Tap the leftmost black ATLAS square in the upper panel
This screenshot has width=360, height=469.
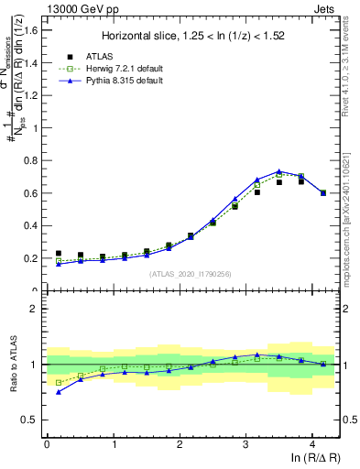(x=59, y=254)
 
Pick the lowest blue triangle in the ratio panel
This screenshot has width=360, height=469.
(x=59, y=392)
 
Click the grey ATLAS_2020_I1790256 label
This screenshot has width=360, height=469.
(x=190, y=274)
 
